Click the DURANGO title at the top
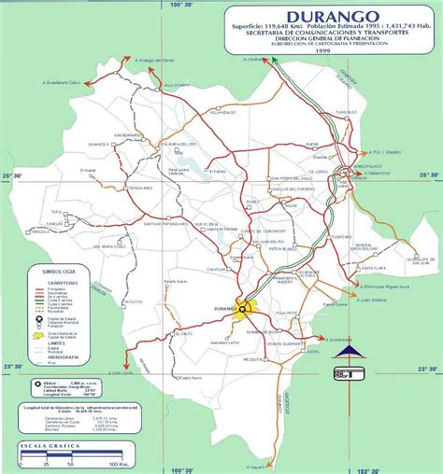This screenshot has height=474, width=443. click(x=320, y=17)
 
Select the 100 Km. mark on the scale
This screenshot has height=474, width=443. click(x=118, y=463)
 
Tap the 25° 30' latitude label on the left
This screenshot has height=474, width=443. click(x=12, y=175)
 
